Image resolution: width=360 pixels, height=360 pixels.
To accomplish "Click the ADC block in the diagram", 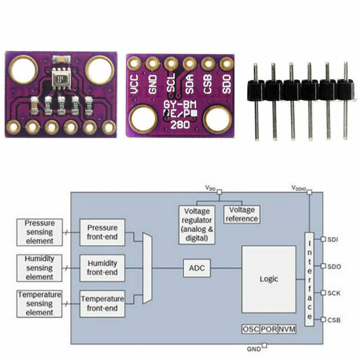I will pos(197,268).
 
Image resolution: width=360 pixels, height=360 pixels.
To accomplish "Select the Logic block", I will pos(269,279).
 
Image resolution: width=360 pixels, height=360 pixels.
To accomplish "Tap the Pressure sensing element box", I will pos(40,232).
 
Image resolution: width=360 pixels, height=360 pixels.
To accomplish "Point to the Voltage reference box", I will pos(242,214).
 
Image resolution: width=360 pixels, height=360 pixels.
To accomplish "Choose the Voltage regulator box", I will pos(197,224).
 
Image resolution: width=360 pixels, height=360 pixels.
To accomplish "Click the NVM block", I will pos(287,329).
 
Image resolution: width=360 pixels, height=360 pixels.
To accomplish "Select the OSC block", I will pos(251,329).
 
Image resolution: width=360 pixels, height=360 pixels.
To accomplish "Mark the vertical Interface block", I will pos(309,279).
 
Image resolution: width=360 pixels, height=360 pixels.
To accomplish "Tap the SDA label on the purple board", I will pos(189,84).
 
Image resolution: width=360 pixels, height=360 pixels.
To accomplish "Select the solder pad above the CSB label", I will pos(208,63).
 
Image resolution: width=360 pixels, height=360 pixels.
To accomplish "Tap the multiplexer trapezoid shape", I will pos(147,268).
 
